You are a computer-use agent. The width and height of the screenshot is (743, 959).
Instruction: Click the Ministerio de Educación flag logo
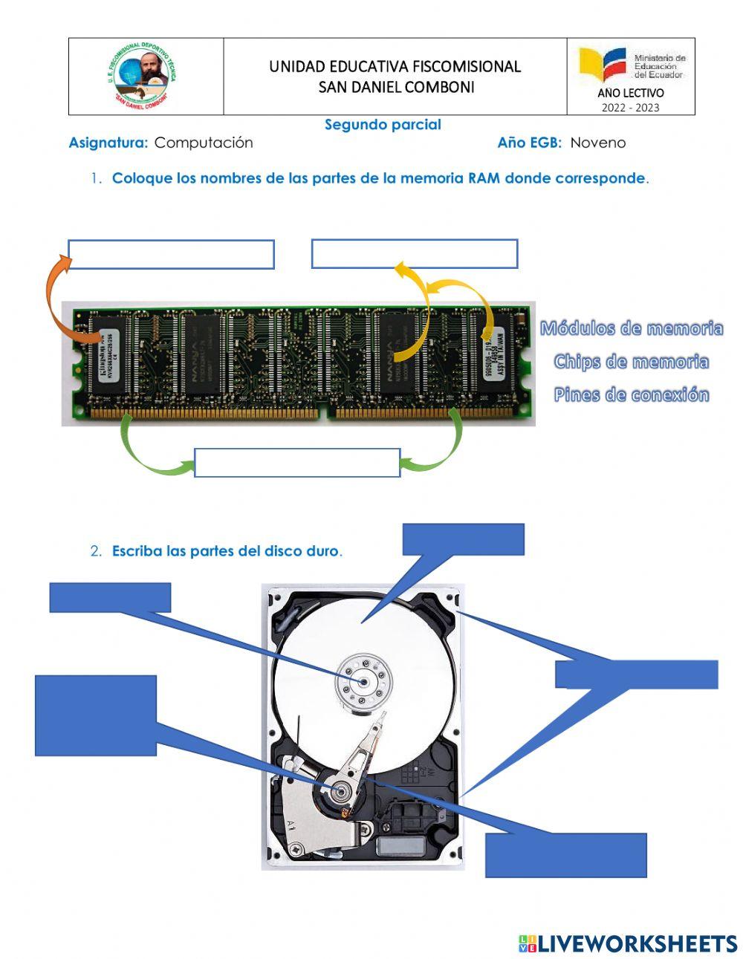pyautogui.click(x=603, y=65)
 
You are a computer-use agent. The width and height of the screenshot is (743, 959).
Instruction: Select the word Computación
pyautogui.click(x=204, y=143)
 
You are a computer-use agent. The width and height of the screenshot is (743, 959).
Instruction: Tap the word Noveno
pyautogui.click(x=597, y=143)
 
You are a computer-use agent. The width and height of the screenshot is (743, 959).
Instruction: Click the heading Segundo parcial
pyautogui.click(x=383, y=125)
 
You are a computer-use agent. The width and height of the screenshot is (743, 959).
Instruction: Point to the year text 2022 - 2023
pyautogui.click(x=630, y=107)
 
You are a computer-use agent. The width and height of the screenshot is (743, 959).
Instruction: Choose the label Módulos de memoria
pyautogui.click(x=631, y=328)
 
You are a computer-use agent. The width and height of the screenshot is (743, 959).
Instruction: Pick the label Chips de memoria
pyautogui.click(x=631, y=362)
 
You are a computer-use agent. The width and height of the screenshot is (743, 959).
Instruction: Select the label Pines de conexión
pyautogui.click(x=631, y=394)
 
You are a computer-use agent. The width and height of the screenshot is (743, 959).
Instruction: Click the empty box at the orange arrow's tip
pyautogui.click(x=171, y=254)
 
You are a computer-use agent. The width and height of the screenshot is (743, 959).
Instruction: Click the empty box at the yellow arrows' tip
pyautogui.click(x=414, y=254)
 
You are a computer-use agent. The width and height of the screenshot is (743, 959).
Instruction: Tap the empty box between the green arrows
pyautogui.click(x=297, y=462)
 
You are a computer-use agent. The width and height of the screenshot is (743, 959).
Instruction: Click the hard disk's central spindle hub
pyautogui.click(x=363, y=680)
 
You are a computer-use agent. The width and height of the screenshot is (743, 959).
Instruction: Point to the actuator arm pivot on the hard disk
pyautogui.click(x=341, y=792)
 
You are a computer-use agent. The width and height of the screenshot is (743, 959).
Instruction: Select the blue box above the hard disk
pyautogui.click(x=463, y=539)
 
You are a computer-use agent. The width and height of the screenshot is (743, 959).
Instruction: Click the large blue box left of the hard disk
pyautogui.click(x=96, y=715)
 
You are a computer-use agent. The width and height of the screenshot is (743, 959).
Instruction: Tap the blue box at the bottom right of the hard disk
pyautogui.click(x=565, y=855)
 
